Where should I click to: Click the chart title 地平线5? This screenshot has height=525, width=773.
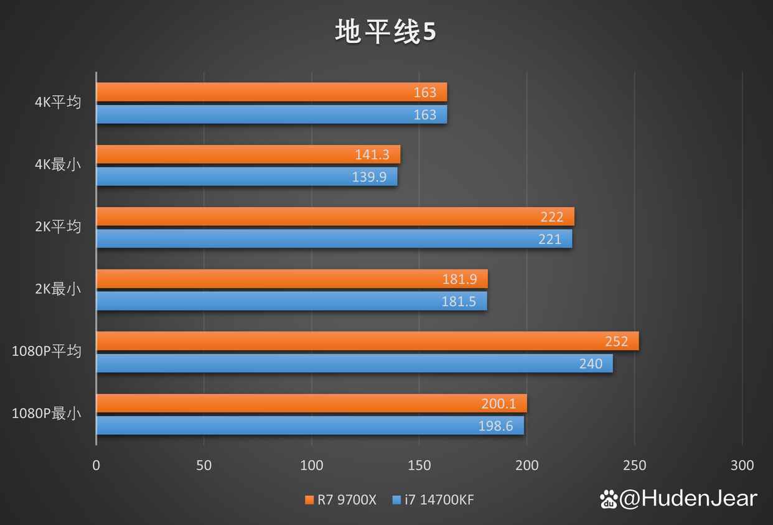pos(386,32)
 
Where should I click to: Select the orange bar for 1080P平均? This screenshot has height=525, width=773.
pos(367,341)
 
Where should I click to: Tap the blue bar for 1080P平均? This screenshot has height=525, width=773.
pos(354,363)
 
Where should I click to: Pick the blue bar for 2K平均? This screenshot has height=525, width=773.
pos(334,239)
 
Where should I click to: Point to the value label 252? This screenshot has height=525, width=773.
pos(616,341)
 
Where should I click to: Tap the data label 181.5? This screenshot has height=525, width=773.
pos(459,302)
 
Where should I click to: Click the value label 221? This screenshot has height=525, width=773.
pos(550,239)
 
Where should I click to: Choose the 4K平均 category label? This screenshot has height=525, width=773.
pos(58,102)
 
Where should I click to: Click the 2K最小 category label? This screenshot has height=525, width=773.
pos(58,289)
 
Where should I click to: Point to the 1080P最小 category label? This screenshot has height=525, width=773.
pos(47,413)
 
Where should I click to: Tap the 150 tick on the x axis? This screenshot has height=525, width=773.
pos(419,465)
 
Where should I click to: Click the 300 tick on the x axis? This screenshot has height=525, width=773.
pos(742,465)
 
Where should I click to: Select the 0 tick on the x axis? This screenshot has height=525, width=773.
pos(96,465)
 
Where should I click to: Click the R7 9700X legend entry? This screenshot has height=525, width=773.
pos(340,500)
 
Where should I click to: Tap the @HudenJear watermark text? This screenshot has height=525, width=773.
pos(688,498)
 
